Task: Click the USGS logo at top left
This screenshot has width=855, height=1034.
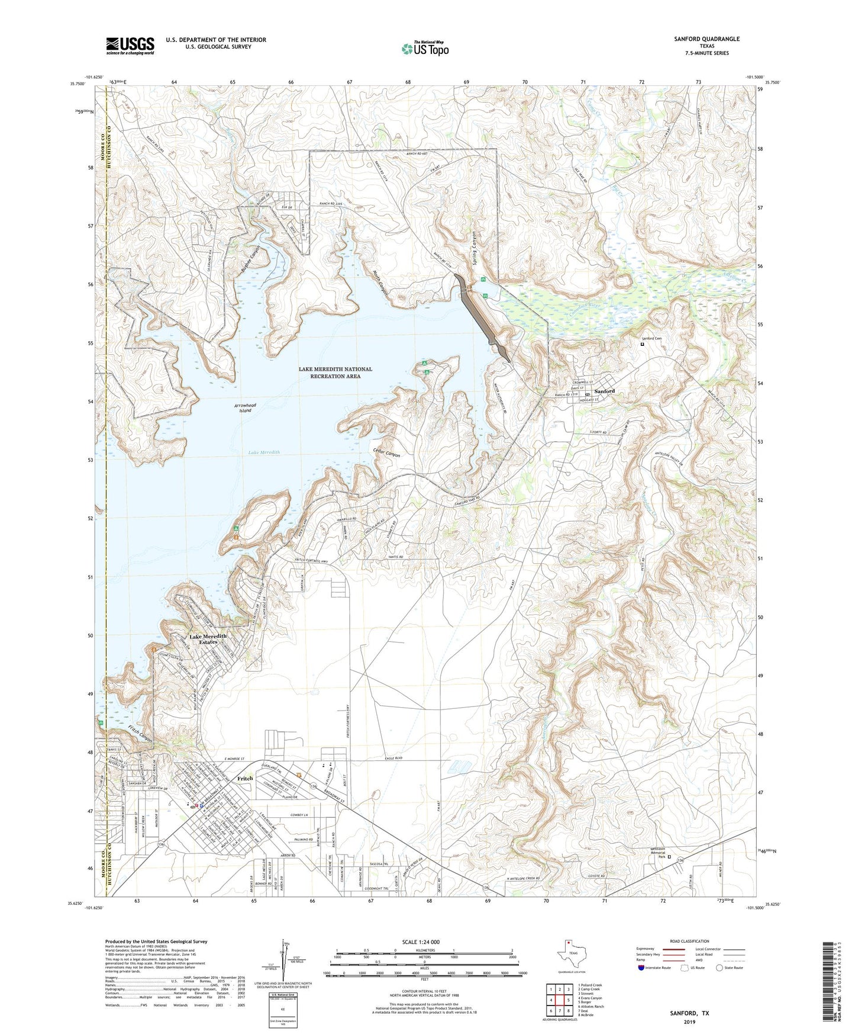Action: pyautogui.click(x=130, y=46)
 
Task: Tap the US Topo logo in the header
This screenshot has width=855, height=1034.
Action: pyautogui.click(x=425, y=49)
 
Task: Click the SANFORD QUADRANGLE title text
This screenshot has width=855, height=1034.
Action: pyautogui.click(x=706, y=39)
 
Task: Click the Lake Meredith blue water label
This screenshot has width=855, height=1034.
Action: pyautogui.click(x=264, y=452)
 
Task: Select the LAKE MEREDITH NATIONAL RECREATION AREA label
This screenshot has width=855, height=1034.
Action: pyautogui.click(x=335, y=373)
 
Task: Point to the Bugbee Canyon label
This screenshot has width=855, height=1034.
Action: pyautogui.click(x=251, y=259)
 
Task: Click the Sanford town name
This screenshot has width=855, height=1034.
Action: pyautogui.click(x=604, y=391)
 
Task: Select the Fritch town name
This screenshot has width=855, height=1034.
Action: pyautogui.click(x=245, y=778)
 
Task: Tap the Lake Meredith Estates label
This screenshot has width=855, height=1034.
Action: pyautogui.click(x=208, y=639)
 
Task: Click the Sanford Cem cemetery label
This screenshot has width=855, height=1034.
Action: pyautogui.click(x=651, y=338)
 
